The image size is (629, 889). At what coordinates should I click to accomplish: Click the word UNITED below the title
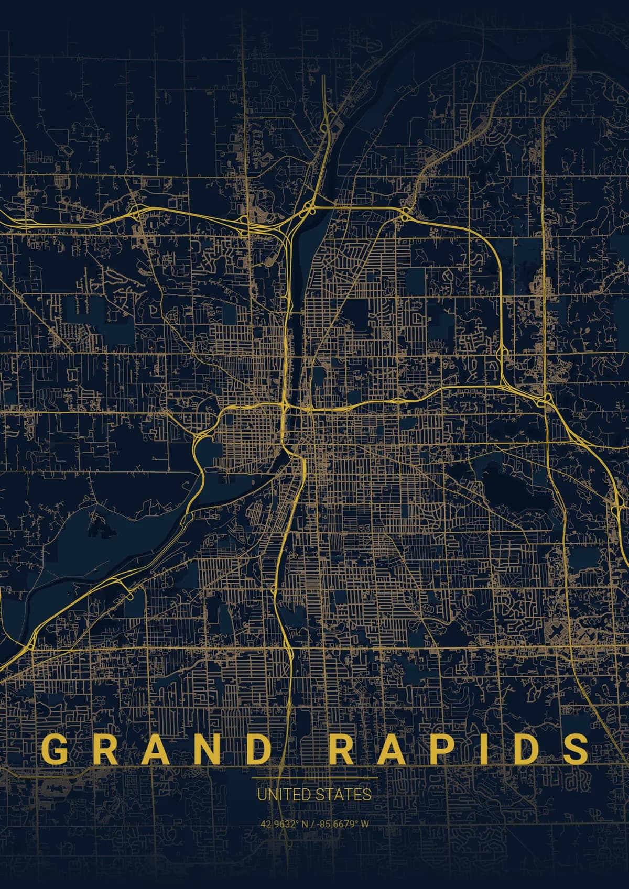280,795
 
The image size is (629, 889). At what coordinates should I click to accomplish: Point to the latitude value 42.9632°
279,824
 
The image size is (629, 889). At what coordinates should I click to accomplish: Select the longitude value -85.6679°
336,824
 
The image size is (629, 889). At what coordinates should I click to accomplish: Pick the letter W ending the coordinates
365,824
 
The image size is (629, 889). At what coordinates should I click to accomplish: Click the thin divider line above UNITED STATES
314,778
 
